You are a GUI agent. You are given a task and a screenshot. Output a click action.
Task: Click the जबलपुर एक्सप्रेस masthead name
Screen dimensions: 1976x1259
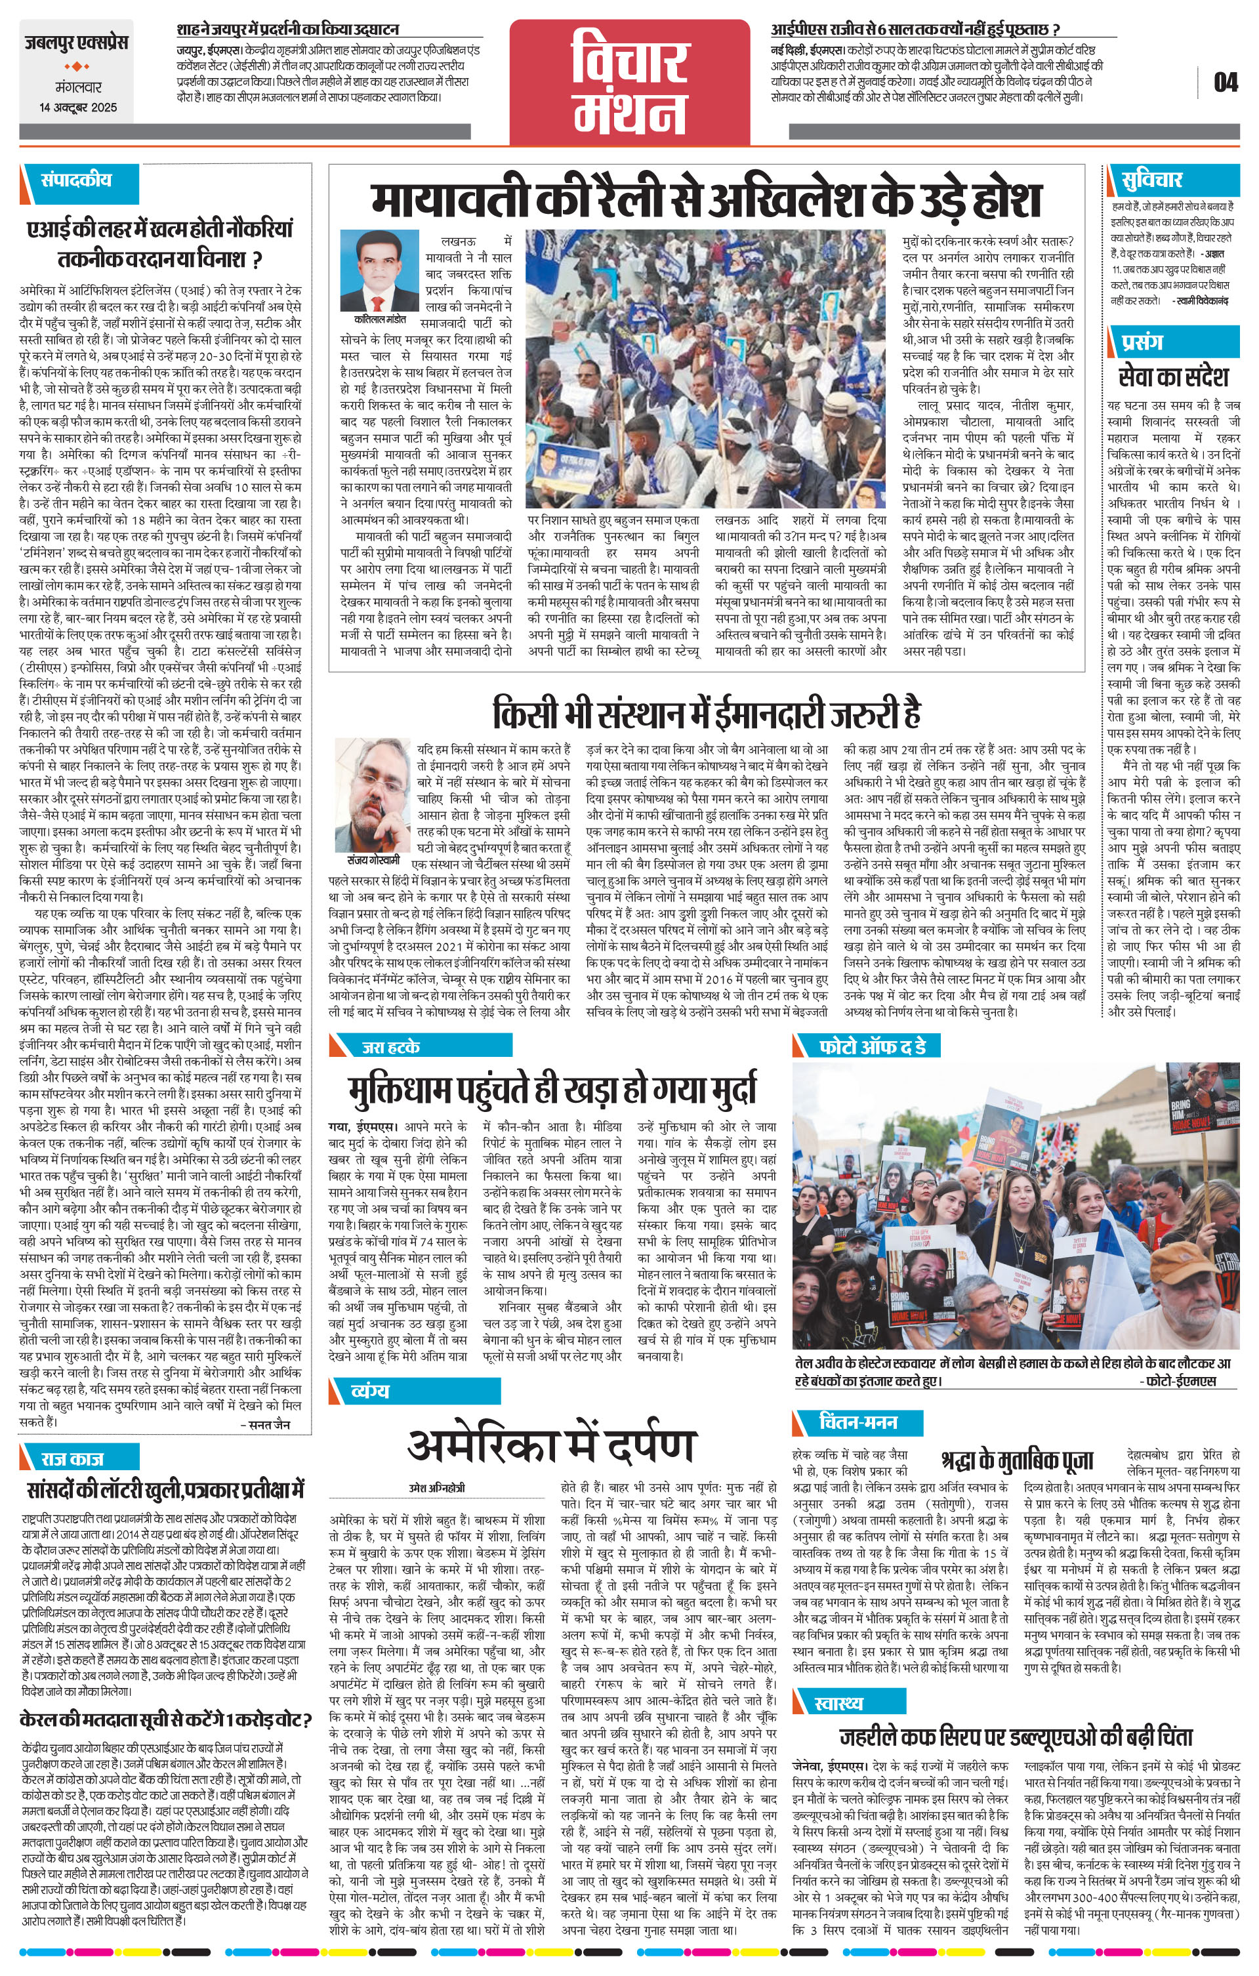(76, 42)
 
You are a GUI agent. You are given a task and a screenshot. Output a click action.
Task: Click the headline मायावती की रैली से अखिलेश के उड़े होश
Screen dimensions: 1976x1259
(705, 199)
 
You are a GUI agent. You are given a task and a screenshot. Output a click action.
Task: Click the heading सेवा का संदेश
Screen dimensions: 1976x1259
(1174, 377)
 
